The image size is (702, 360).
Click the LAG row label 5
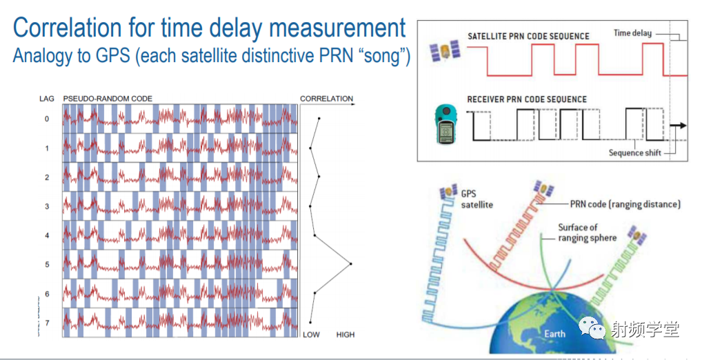coord(47,265)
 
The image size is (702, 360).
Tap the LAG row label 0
coord(47,119)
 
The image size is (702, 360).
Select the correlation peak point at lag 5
coord(350,263)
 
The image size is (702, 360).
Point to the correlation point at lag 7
coord(310,322)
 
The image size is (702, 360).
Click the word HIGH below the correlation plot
coord(345,334)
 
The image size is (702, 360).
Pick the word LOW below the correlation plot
coord(311,334)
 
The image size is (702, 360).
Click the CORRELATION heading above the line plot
coord(326,99)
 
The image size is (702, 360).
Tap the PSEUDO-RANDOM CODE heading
coord(108,99)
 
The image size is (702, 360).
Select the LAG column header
coord(47,99)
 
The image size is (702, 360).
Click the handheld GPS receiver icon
coord(446,124)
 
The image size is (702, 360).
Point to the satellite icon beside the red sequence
coord(445,52)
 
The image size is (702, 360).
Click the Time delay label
coord(632,32)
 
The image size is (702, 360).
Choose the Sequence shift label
coord(634,152)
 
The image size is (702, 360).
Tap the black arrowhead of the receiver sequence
coord(681,126)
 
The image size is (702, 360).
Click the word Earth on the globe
coord(554,334)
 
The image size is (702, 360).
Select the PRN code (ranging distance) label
coord(625,204)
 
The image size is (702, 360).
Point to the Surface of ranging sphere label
coord(587,232)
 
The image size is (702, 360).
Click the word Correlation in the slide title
coord(67,28)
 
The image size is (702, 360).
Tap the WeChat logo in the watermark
coord(593,328)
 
